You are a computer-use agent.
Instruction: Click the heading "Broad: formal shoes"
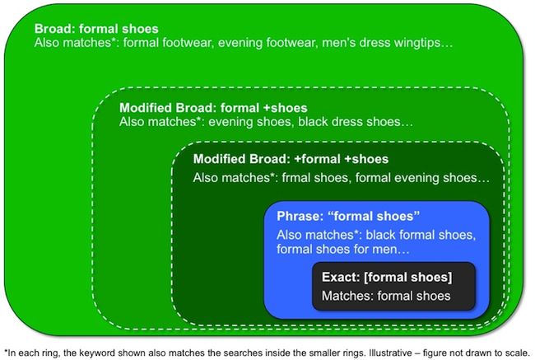[x=96, y=29]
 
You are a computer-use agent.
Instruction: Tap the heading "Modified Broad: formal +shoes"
[x=213, y=108]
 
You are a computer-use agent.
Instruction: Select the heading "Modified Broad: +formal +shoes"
[x=291, y=159]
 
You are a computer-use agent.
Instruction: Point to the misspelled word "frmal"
[x=296, y=178]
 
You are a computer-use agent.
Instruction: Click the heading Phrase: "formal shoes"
[x=348, y=216]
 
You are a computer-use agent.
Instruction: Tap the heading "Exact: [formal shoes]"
[x=387, y=277]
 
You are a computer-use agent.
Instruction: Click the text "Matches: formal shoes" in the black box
[x=386, y=296]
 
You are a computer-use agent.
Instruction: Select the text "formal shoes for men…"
[x=343, y=249]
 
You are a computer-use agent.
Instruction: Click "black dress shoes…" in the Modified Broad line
[x=356, y=122]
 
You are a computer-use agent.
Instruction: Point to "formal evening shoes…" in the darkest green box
[x=422, y=178]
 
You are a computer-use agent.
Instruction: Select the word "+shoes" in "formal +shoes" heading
[x=286, y=108]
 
